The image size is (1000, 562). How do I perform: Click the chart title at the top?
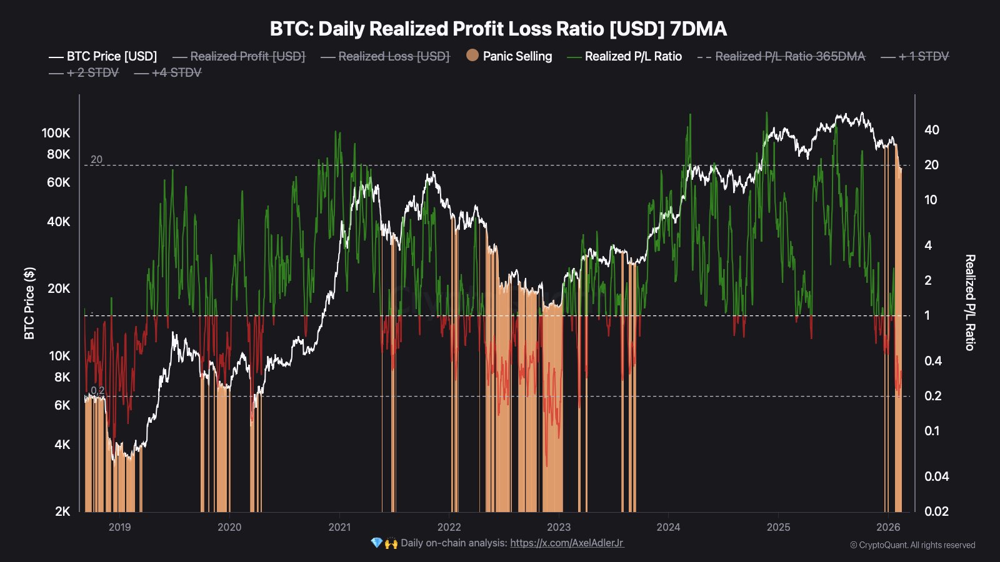click(498, 29)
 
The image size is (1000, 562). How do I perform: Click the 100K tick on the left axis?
click(56, 133)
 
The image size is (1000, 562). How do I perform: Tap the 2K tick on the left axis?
click(62, 511)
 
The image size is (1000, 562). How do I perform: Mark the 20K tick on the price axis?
click(59, 288)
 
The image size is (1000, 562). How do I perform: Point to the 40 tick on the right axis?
click(931, 130)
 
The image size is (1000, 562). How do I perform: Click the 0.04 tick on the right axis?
click(936, 476)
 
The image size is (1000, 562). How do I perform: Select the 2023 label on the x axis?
click(558, 527)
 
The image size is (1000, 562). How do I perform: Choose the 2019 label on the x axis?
click(119, 527)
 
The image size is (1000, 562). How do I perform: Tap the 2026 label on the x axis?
click(888, 527)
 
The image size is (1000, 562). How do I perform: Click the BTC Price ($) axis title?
click(29, 303)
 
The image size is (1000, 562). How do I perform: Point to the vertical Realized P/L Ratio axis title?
click(970, 302)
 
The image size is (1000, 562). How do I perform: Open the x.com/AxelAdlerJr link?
click(567, 543)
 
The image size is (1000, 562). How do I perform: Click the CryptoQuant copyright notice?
click(912, 545)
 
